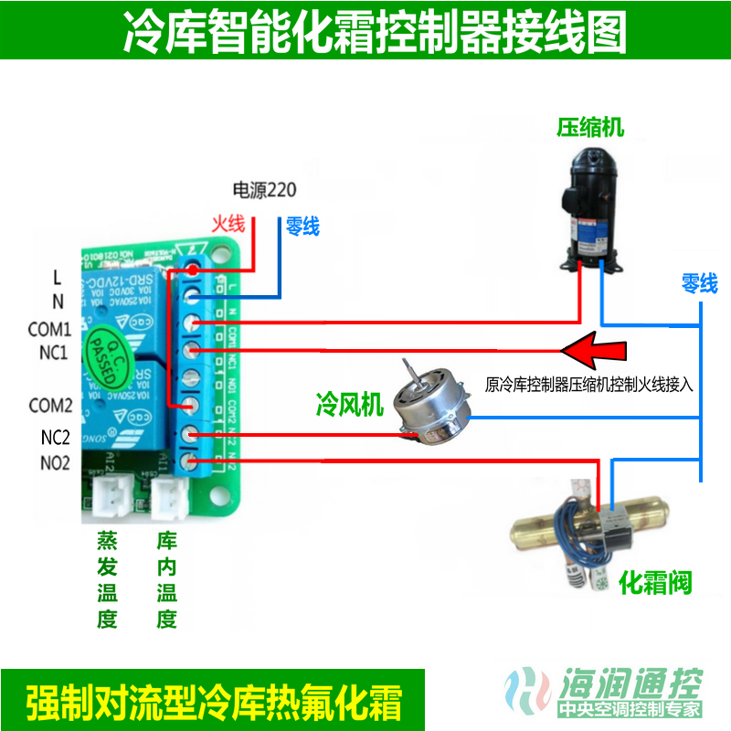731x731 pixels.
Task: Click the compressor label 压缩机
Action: pyautogui.click(x=590, y=127)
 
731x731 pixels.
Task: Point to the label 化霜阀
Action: pyautogui.click(x=655, y=581)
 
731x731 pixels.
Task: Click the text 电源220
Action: pyautogui.click(x=265, y=190)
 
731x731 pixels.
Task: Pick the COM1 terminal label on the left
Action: pyautogui.click(x=49, y=328)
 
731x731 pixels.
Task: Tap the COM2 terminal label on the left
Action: pyautogui.click(x=50, y=405)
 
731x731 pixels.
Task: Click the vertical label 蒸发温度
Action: pyautogui.click(x=107, y=579)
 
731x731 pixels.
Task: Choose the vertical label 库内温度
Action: pyautogui.click(x=166, y=579)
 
